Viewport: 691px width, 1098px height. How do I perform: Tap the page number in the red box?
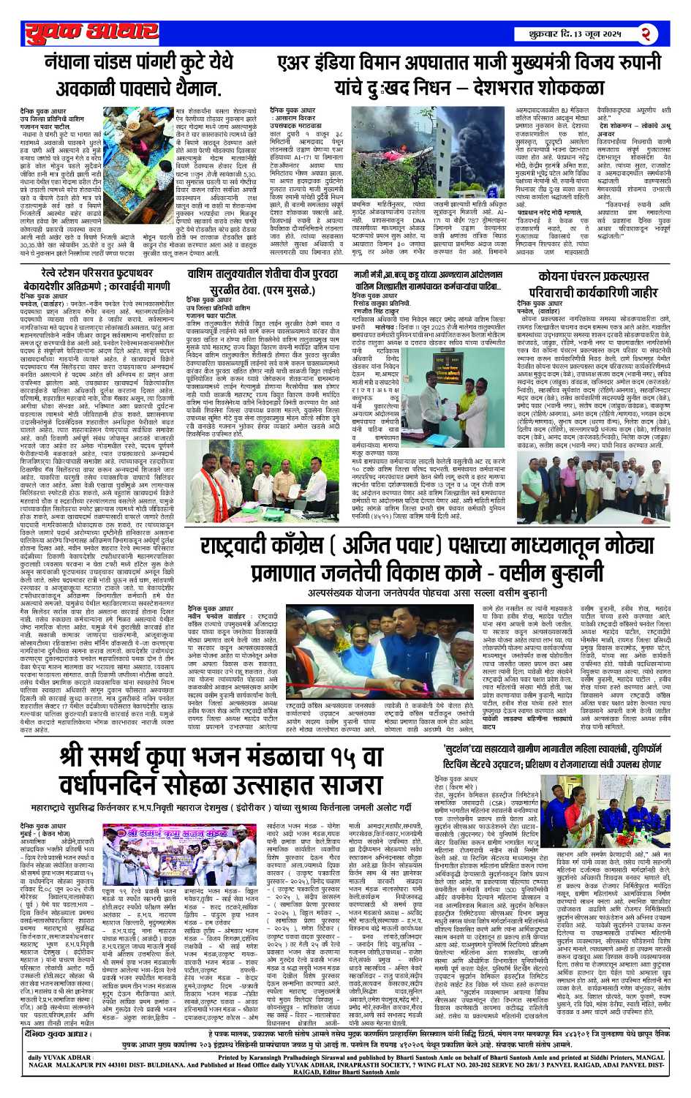click(x=646, y=33)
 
